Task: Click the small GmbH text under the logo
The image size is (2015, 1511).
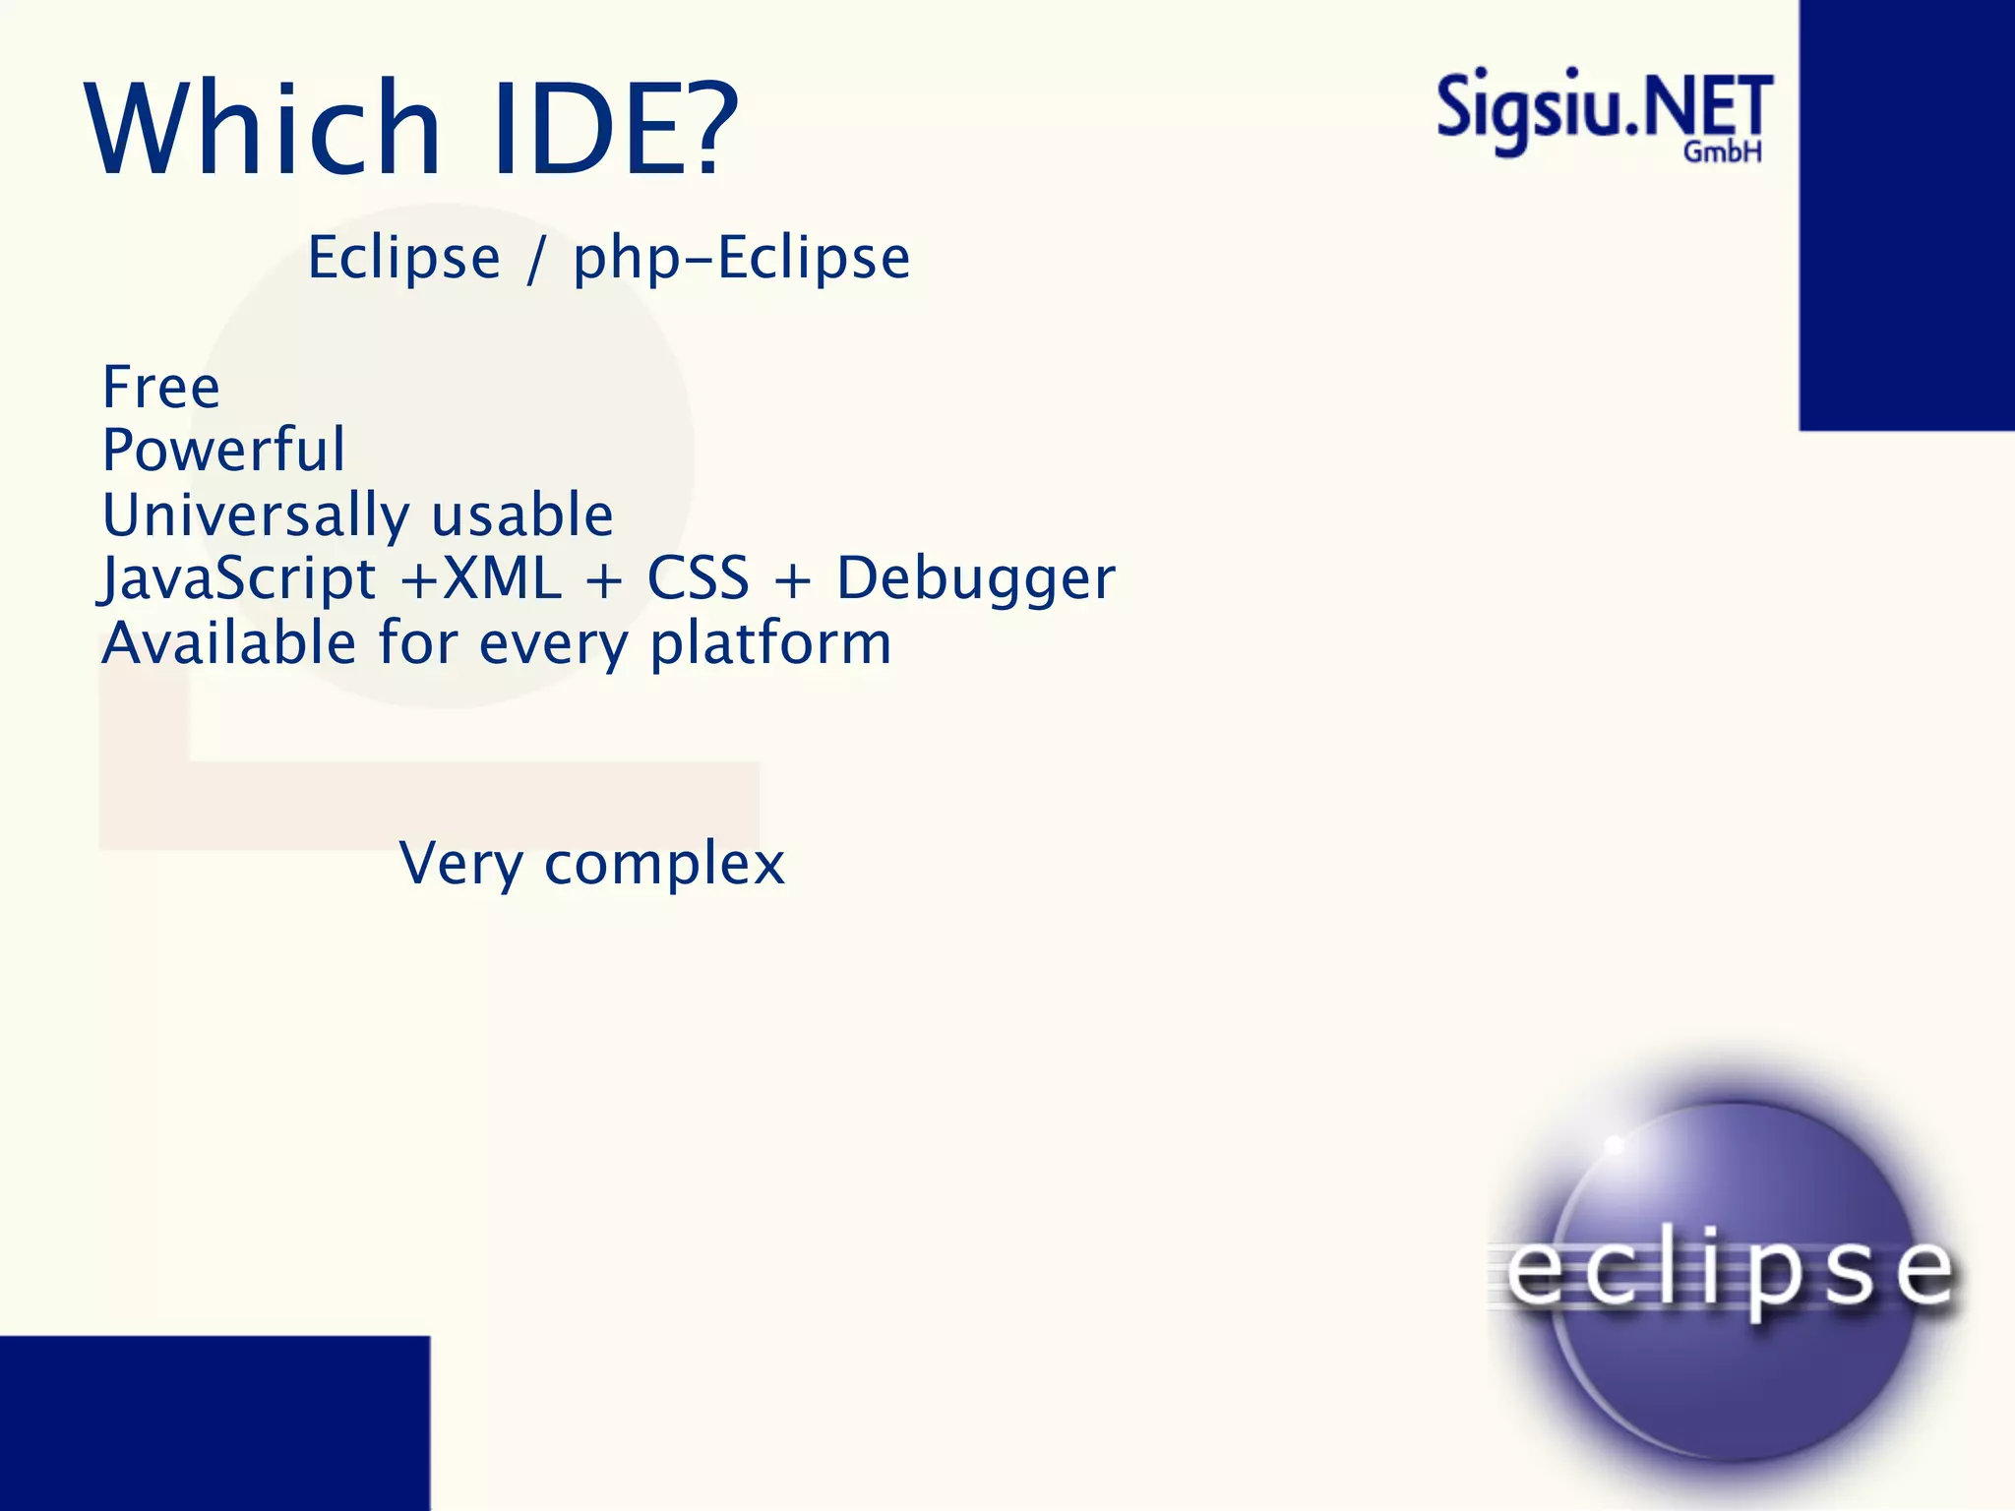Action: pyautogui.click(x=1722, y=152)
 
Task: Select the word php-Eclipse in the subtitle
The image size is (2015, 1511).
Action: pyautogui.click(x=742, y=260)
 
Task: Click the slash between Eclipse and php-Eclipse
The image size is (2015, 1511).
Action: pyautogui.click(x=535, y=260)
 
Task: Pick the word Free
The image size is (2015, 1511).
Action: pyautogui.click(x=161, y=387)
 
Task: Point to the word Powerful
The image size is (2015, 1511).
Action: pyautogui.click(x=224, y=451)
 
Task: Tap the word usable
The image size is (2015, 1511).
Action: pyautogui.click(x=522, y=515)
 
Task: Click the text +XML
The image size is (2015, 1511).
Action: pyautogui.click(x=481, y=578)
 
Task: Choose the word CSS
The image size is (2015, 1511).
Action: pyautogui.click(x=698, y=578)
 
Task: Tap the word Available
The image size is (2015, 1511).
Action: pyautogui.click(x=229, y=643)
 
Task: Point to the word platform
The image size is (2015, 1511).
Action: pyautogui.click(x=770, y=645)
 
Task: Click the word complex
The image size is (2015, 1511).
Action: pyautogui.click(x=664, y=866)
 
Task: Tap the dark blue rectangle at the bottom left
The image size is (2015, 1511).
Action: pyautogui.click(x=214, y=1422)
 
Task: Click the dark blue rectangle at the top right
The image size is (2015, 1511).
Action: pyautogui.click(x=1906, y=214)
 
